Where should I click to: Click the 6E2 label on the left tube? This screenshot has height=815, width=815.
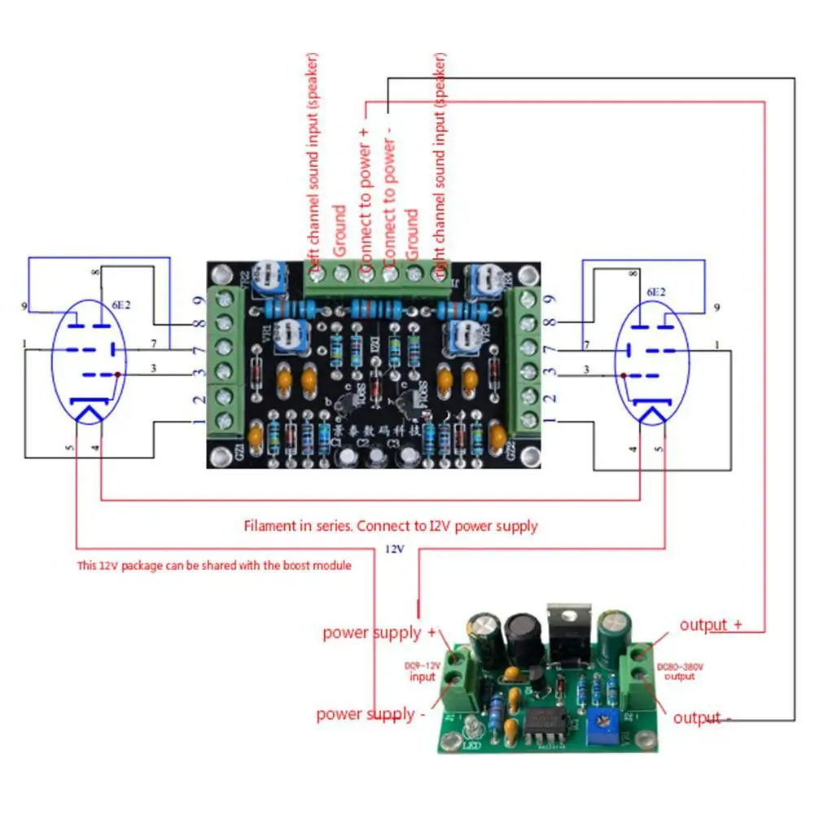120,305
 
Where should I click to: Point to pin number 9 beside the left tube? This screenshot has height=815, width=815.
24,307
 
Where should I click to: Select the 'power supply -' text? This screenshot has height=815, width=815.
370,715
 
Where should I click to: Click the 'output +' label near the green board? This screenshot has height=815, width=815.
711,624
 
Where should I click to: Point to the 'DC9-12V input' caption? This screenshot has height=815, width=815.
422,671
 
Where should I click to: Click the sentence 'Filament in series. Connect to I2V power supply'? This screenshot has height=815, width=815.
391,526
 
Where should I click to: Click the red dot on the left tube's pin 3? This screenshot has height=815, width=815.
119,374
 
